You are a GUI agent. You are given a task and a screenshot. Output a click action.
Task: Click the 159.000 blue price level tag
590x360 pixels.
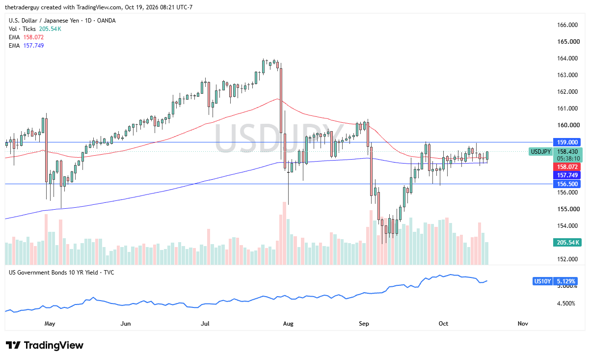point(567,142)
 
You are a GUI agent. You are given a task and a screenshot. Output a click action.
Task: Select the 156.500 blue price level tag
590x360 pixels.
point(567,184)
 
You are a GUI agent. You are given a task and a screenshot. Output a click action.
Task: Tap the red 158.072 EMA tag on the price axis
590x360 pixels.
point(567,167)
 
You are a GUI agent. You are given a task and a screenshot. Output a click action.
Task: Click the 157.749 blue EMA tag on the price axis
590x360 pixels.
point(567,175)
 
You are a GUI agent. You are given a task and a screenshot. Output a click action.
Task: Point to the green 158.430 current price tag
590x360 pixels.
point(567,152)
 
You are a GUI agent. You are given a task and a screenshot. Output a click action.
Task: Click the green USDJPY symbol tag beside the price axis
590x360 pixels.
point(540,152)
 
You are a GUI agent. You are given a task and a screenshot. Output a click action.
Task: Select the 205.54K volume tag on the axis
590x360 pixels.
point(567,243)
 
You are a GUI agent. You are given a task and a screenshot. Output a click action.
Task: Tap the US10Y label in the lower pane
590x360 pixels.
point(542,281)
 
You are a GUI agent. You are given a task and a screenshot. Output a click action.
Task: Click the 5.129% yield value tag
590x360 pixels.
point(565,281)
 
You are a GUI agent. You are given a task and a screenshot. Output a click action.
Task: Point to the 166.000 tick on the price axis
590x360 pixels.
point(567,25)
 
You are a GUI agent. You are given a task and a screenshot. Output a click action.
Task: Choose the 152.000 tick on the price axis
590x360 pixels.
point(567,259)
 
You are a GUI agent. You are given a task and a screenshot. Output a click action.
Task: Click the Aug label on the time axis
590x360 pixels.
point(288,323)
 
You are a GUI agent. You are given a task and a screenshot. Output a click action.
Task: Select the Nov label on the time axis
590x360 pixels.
point(523,323)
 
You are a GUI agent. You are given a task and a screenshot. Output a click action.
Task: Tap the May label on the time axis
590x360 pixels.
point(50,323)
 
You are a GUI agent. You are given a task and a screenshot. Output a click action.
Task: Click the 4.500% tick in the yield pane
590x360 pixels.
point(566,304)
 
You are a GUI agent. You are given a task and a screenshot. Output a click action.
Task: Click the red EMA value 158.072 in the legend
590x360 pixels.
point(33,37)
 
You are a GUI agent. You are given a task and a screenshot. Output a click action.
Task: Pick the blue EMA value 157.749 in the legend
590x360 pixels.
point(33,46)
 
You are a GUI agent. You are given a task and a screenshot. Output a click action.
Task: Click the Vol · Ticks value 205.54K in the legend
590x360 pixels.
point(50,28)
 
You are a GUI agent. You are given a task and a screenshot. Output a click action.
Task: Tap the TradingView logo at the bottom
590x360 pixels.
point(45,345)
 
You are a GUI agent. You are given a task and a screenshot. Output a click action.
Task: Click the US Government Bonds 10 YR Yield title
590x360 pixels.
point(54,273)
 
